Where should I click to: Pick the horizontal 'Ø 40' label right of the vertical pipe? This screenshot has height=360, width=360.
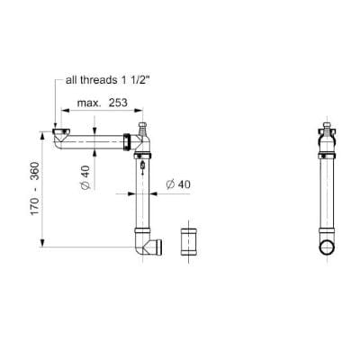[x=176, y=184]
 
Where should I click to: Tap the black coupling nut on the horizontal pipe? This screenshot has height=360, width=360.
[x=130, y=141]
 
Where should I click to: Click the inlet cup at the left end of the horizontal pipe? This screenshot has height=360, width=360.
[x=61, y=136]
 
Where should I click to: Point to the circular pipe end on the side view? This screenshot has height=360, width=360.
[x=328, y=248]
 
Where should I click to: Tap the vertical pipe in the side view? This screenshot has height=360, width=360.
[x=328, y=198]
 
